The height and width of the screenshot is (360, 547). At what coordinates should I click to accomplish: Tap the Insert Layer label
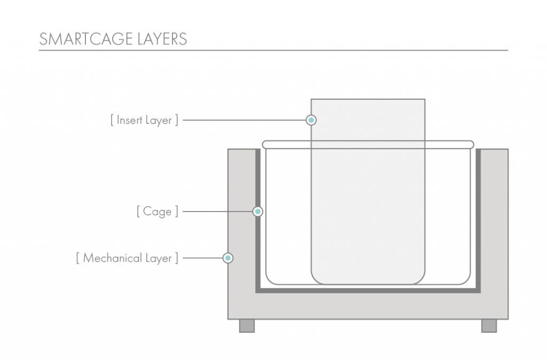[144, 120]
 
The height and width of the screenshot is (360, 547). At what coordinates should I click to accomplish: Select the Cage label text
[158, 212]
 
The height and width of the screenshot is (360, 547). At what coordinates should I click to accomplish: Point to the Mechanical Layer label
[127, 258]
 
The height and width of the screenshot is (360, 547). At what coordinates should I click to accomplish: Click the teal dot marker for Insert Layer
[311, 120]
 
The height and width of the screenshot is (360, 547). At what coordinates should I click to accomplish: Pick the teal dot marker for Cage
[257, 212]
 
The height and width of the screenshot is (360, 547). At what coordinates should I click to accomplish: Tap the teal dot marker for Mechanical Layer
[228, 258]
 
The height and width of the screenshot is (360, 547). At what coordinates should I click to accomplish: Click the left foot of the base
[247, 325]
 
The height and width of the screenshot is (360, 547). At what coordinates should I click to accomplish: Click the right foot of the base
[489, 325]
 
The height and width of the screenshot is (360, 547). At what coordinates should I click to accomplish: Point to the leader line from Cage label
[217, 212]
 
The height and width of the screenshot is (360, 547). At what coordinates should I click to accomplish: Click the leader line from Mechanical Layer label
[202, 258]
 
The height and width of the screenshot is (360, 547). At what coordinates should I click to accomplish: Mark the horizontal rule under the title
[273, 50]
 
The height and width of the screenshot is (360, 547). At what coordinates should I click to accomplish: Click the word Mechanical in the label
[113, 258]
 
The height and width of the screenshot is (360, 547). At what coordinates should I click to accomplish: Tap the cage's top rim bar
[368, 144]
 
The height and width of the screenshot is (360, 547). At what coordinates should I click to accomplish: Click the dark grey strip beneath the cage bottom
[368, 290]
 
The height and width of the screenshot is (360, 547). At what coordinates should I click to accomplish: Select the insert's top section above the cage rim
[368, 119]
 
